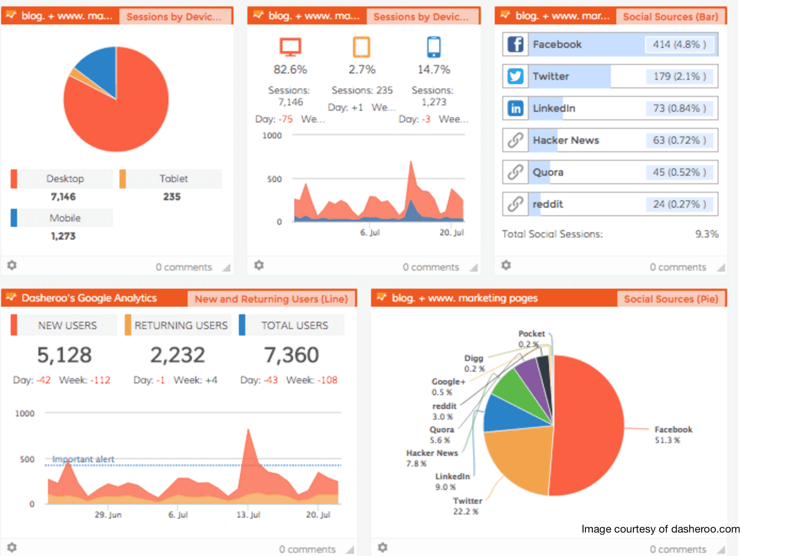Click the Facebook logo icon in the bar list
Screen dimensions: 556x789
[x=515, y=44]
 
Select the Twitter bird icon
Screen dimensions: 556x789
[x=515, y=76]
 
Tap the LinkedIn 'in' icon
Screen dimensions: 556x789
[x=515, y=108]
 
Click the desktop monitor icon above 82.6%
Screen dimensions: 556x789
[x=291, y=47]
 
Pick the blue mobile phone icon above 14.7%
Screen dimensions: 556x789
[x=434, y=47]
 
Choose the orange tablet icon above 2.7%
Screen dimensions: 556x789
[x=361, y=47]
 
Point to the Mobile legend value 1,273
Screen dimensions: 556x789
[x=63, y=236]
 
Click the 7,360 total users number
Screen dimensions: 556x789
[x=291, y=355]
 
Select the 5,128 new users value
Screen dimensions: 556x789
[x=65, y=355]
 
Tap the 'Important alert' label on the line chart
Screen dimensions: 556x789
[x=83, y=459]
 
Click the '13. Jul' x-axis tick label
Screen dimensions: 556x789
[x=248, y=514]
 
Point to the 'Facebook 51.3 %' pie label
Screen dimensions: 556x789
[x=673, y=435]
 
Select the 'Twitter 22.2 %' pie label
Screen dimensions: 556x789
[x=467, y=506]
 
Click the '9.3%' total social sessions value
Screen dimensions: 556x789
[x=706, y=234]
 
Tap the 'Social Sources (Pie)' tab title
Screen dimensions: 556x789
[x=671, y=299]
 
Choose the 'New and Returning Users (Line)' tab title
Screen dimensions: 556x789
[x=271, y=299]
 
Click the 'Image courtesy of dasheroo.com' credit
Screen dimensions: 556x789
[x=661, y=529]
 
